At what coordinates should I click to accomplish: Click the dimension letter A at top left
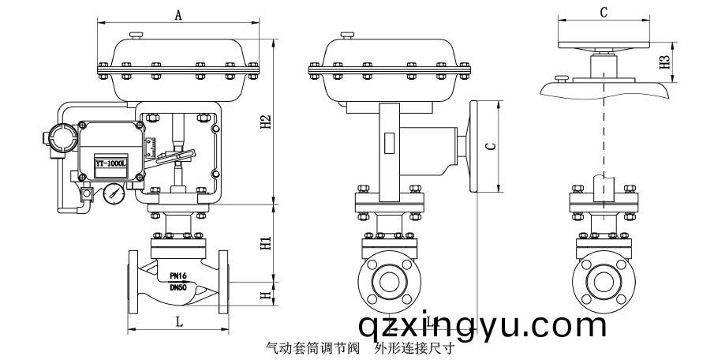pos(178,15)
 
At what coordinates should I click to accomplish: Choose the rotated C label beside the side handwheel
pos(489,147)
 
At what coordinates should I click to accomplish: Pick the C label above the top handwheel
pos(604,13)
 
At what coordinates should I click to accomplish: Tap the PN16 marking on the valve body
pos(178,276)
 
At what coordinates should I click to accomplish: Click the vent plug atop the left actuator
pos(136,35)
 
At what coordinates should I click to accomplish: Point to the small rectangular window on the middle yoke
pos(390,145)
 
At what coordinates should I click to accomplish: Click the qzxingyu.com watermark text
pos(481,324)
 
